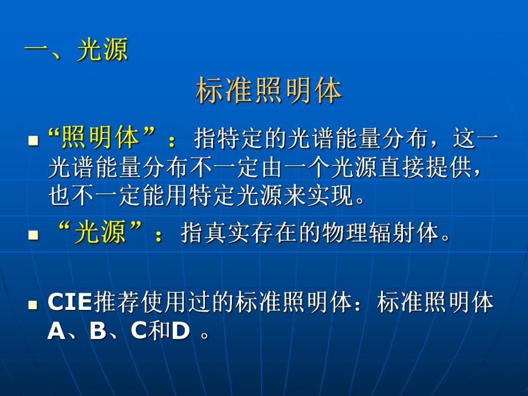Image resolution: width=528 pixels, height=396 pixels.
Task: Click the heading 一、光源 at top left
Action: [x=76, y=51]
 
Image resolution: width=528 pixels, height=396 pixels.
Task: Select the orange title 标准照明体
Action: [x=269, y=91]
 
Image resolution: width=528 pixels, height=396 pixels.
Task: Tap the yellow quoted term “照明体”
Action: [x=103, y=138]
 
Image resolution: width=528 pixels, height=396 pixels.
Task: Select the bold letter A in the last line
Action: [x=56, y=332]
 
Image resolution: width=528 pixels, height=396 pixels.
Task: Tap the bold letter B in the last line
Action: [x=98, y=332]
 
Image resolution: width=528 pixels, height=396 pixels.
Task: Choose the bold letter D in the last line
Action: [x=181, y=332]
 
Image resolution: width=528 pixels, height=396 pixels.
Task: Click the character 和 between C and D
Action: [x=160, y=332]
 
